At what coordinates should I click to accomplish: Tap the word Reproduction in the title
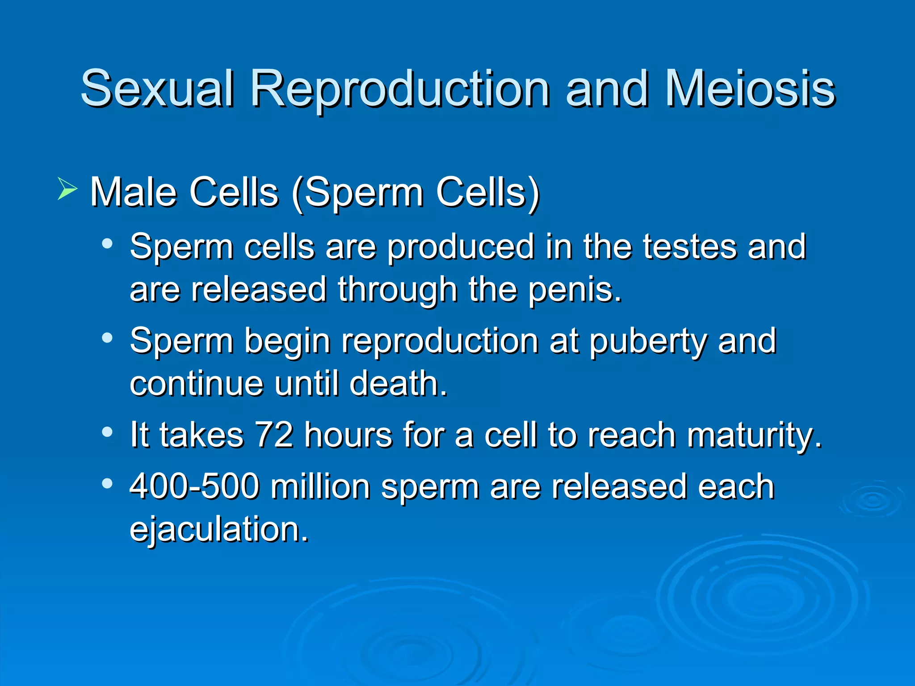pos(400,89)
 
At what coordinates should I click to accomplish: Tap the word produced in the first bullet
pos(460,247)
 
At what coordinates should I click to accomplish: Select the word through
pos(397,290)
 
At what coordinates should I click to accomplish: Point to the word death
pos(398,384)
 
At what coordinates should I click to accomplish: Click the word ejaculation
pos(219,530)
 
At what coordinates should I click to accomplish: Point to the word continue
pos(197,384)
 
